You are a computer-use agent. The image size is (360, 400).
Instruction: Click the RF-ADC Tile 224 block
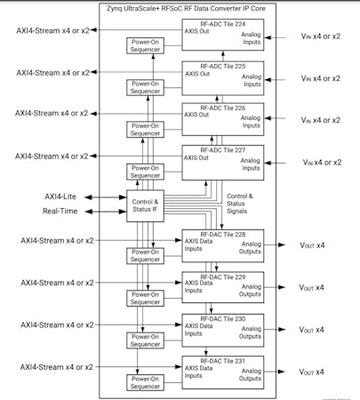click(x=223, y=38)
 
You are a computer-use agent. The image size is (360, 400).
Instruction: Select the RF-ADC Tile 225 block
click(x=223, y=79)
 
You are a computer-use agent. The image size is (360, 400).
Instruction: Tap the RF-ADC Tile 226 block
click(x=223, y=120)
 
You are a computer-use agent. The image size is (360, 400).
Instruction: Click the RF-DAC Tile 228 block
click(x=223, y=245)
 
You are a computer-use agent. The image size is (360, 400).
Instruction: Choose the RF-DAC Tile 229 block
click(x=223, y=287)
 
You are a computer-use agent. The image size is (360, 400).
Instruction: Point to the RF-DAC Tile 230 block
click(x=223, y=329)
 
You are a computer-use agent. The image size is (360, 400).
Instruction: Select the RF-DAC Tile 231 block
click(x=223, y=371)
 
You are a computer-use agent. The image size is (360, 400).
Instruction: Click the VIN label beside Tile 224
click(x=320, y=38)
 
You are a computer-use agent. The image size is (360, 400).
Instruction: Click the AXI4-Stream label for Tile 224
click(x=53, y=30)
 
